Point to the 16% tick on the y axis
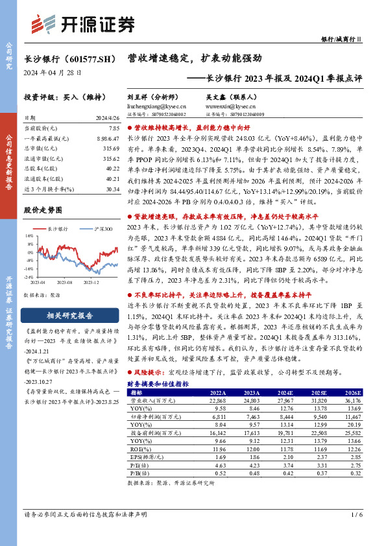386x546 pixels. click(29, 236)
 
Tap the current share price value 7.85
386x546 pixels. click(115, 129)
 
